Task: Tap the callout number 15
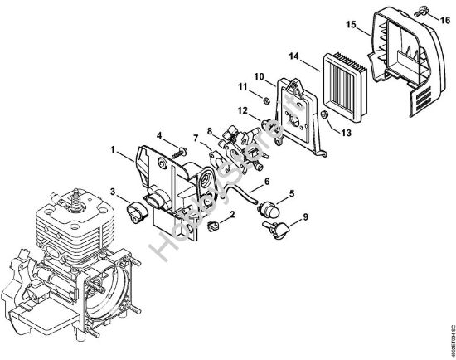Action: [351, 25]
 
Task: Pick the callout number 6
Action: [267, 181]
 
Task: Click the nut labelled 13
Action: [326, 113]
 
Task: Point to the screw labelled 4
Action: [179, 150]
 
